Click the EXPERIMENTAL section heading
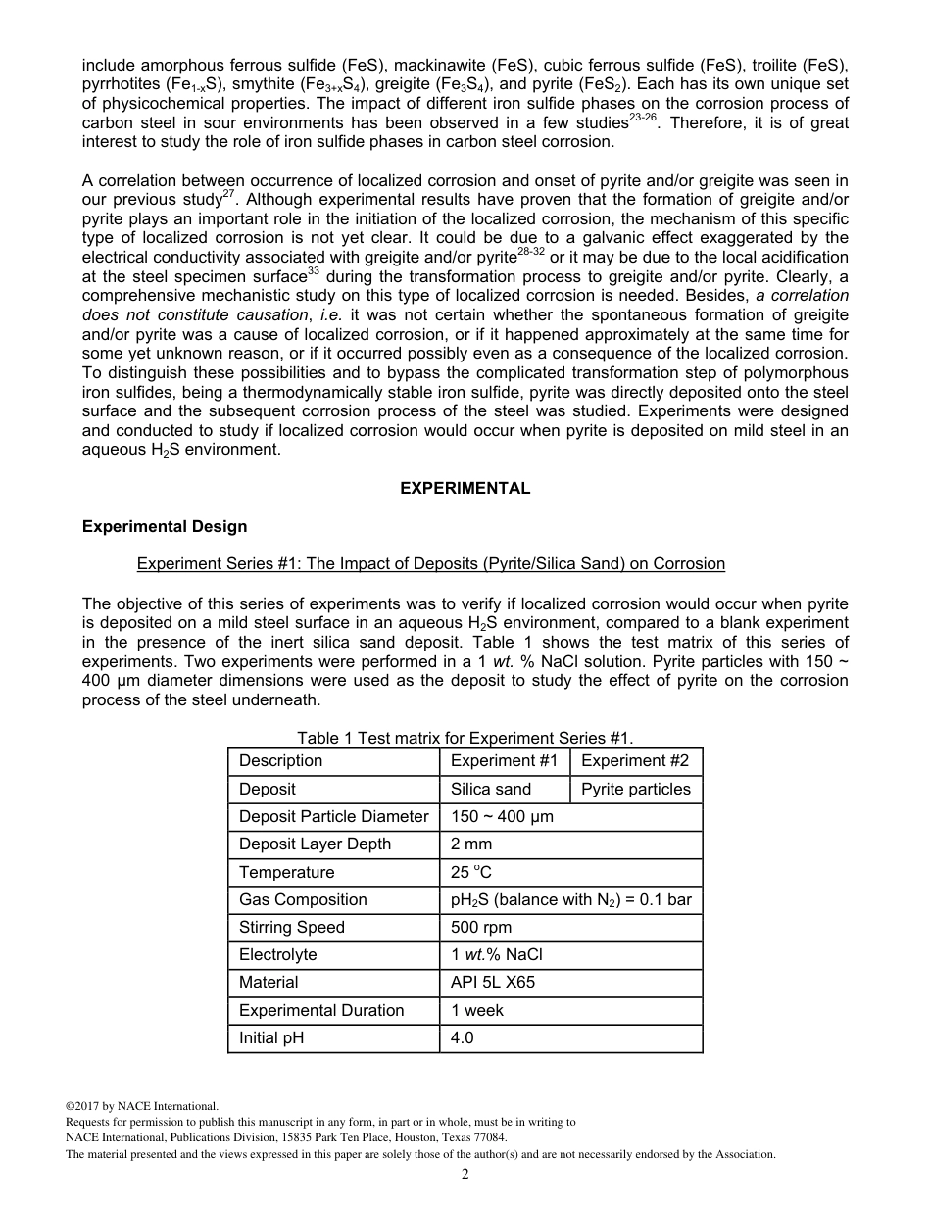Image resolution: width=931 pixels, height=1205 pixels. point(465,488)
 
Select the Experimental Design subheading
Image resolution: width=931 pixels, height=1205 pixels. point(165,526)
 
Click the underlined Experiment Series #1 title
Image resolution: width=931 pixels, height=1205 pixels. point(430,563)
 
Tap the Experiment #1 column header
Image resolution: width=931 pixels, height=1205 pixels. point(504,761)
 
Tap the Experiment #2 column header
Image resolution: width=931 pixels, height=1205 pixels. point(635,761)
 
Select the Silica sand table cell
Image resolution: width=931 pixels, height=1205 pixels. point(490,789)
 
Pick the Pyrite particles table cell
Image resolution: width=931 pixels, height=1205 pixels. point(635,789)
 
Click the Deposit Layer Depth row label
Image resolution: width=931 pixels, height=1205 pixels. point(315,844)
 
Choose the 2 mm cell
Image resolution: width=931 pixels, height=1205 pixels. point(471,844)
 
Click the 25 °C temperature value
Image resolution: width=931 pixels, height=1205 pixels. point(471,872)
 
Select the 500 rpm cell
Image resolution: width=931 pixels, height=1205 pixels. point(480,927)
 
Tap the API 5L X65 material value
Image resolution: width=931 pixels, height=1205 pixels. point(492,982)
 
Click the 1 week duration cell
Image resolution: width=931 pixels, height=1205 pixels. point(476,1010)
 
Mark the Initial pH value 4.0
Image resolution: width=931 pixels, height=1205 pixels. point(463,1037)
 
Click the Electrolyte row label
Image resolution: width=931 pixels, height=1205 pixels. point(277,954)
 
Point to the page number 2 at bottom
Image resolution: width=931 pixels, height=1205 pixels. point(465,1174)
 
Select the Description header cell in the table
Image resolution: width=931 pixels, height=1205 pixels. point(280,761)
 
